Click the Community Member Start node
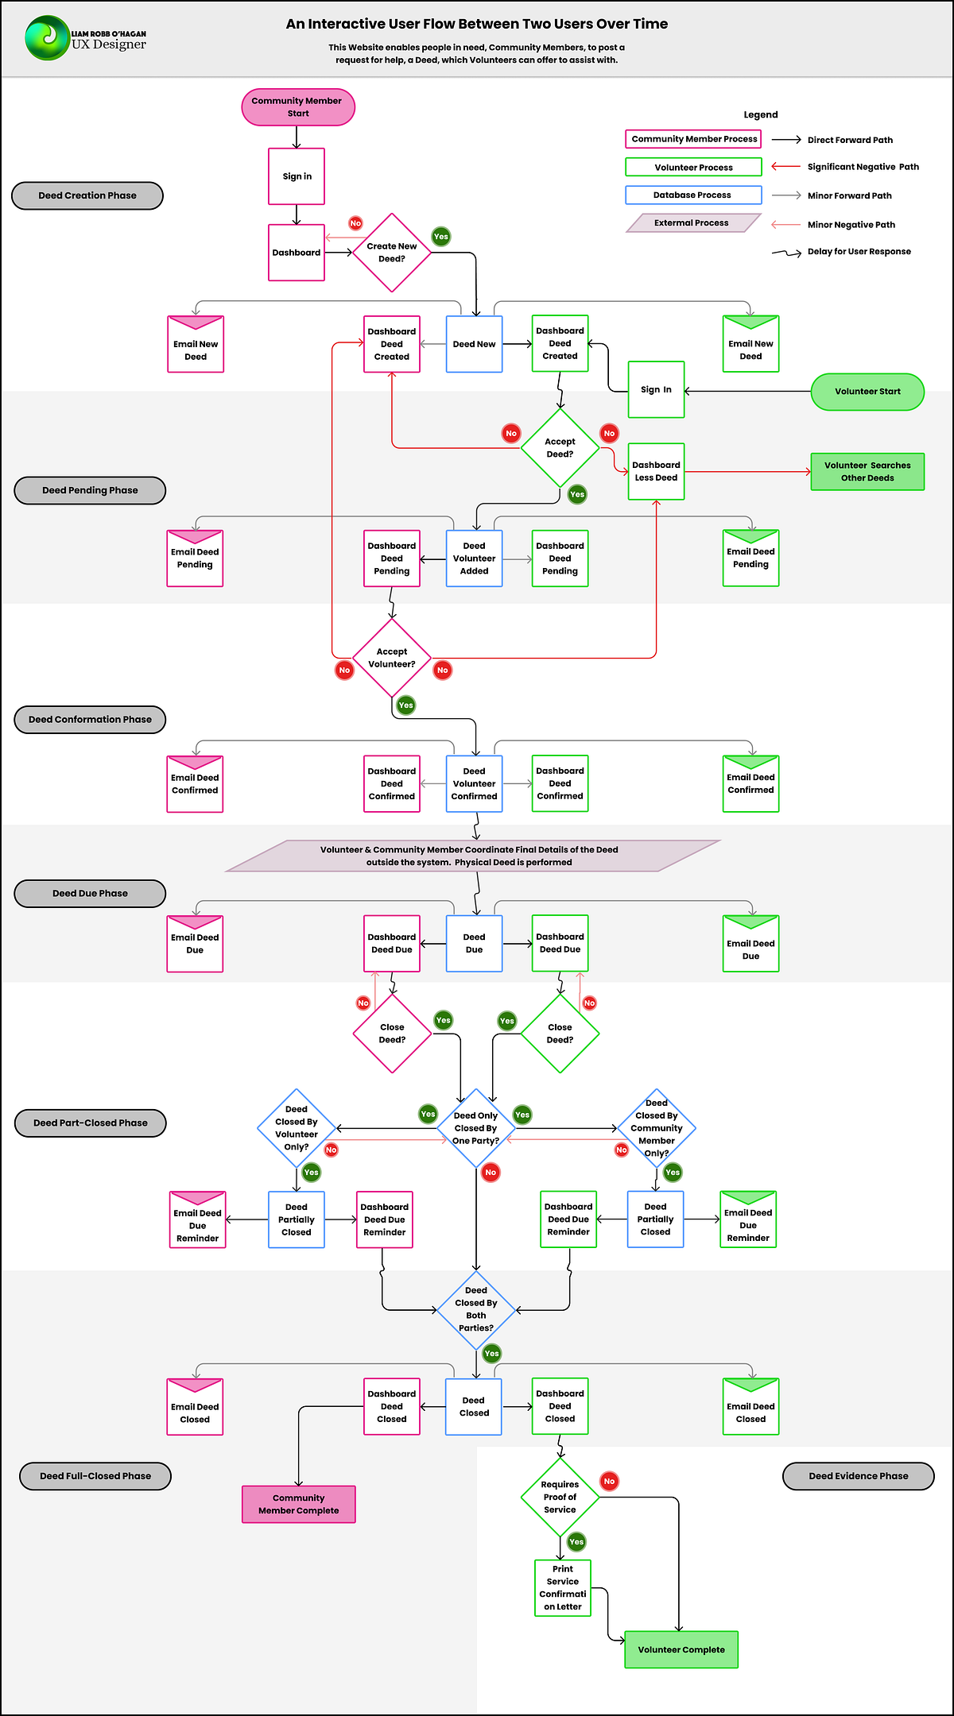point(298,107)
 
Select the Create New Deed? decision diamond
point(392,253)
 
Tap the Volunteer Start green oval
point(867,392)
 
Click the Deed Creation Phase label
point(87,195)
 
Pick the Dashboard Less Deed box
point(656,472)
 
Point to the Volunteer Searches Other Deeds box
point(867,472)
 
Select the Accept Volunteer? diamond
point(392,658)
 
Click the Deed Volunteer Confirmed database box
point(475,784)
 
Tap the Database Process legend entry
point(693,195)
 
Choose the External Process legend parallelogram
point(692,223)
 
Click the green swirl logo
point(46,38)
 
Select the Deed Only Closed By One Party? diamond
point(476,1128)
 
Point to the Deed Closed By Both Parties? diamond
point(476,1309)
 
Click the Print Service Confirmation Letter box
point(563,1587)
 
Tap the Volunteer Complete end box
point(681,1649)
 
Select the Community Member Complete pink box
point(299,1504)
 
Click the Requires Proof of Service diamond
point(560,1497)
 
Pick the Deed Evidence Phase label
point(859,1476)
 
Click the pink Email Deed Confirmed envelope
point(195,784)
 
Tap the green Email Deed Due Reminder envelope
point(748,1219)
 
